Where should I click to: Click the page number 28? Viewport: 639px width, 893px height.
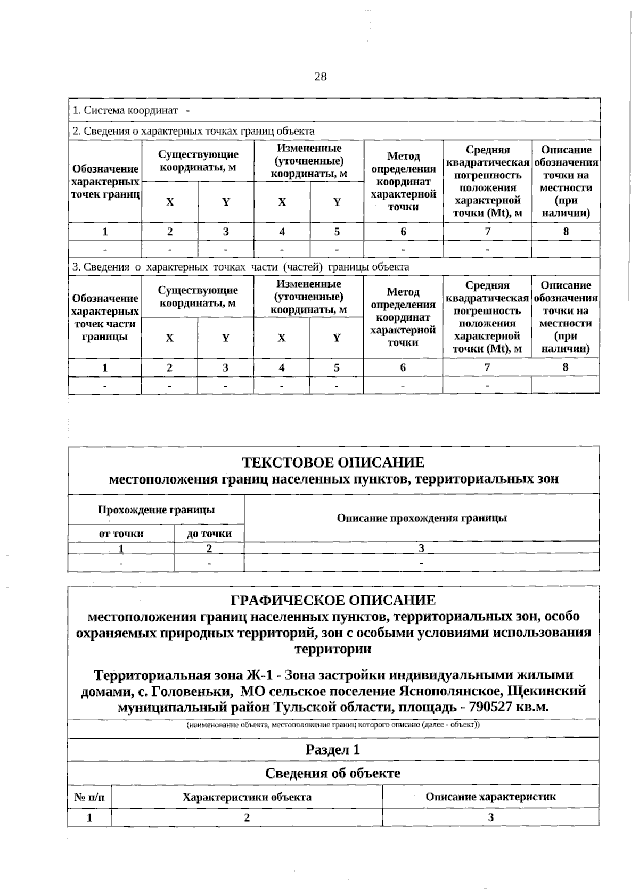[x=320, y=77]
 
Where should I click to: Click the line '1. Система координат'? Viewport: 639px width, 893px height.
[x=126, y=110]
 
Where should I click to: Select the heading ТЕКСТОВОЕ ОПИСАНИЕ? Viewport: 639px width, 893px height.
[x=333, y=462]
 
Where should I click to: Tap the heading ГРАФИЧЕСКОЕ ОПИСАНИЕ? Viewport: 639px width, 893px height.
[x=333, y=600]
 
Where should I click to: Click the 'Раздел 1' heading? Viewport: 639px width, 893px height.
[x=333, y=750]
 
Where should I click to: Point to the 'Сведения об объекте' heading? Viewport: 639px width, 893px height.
[x=333, y=773]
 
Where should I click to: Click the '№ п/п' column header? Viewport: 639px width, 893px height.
[x=89, y=797]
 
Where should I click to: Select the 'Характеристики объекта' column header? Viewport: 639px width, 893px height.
[x=247, y=797]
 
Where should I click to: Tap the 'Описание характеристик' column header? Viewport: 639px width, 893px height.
[x=490, y=797]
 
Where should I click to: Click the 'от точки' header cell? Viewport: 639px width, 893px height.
[x=121, y=534]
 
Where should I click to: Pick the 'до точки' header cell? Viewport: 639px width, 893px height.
[x=209, y=534]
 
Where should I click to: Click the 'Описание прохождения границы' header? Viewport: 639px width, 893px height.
[x=422, y=518]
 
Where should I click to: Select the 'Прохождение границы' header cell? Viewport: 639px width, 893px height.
[x=156, y=510]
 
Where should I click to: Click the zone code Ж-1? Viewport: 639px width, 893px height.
[x=260, y=675]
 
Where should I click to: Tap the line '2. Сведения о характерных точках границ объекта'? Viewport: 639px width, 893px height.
[x=193, y=131]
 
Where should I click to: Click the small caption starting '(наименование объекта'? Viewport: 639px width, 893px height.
[x=333, y=725]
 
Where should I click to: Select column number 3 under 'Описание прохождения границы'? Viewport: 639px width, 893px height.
[x=421, y=548]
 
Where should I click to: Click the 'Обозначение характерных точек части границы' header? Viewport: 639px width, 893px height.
[x=105, y=317]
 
